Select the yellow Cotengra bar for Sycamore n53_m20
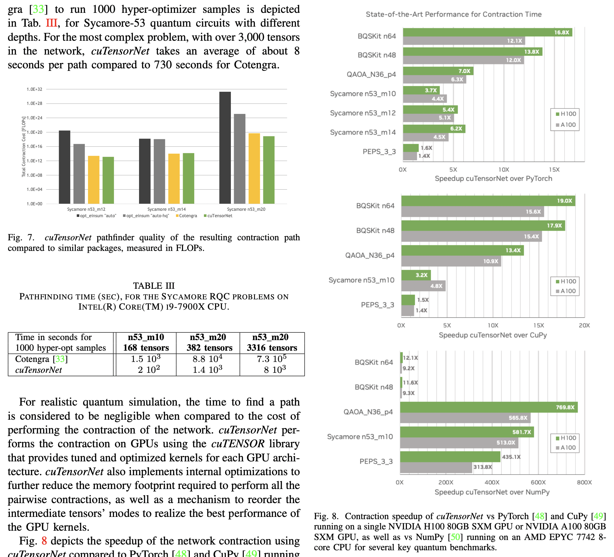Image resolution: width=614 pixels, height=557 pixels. [x=254, y=168]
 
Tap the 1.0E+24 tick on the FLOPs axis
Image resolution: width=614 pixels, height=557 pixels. [x=34, y=118]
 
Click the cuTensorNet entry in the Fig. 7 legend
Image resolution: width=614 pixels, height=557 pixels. [x=219, y=216]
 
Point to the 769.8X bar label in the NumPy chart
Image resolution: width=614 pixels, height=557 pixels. [x=565, y=407]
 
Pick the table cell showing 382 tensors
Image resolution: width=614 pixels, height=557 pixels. [x=209, y=348]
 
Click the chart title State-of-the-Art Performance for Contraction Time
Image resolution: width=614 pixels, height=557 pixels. [x=453, y=14]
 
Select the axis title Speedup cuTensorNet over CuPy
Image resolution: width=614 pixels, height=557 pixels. [x=493, y=335]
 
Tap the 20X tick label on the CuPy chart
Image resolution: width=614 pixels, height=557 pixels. [x=584, y=325]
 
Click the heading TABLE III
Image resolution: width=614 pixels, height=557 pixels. [x=154, y=286]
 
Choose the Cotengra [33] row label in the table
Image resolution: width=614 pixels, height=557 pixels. [x=41, y=359]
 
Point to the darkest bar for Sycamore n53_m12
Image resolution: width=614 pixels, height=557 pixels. [x=65, y=167]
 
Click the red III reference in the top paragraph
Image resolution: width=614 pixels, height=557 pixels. [x=51, y=23]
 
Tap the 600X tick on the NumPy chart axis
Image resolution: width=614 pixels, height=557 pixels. [x=538, y=482]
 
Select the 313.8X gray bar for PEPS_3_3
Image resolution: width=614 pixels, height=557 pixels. [x=436, y=467]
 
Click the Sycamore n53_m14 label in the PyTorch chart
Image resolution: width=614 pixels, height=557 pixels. [x=363, y=132]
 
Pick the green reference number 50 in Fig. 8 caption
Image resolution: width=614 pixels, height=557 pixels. [x=455, y=537]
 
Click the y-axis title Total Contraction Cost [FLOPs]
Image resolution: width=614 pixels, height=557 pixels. [x=24, y=147]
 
